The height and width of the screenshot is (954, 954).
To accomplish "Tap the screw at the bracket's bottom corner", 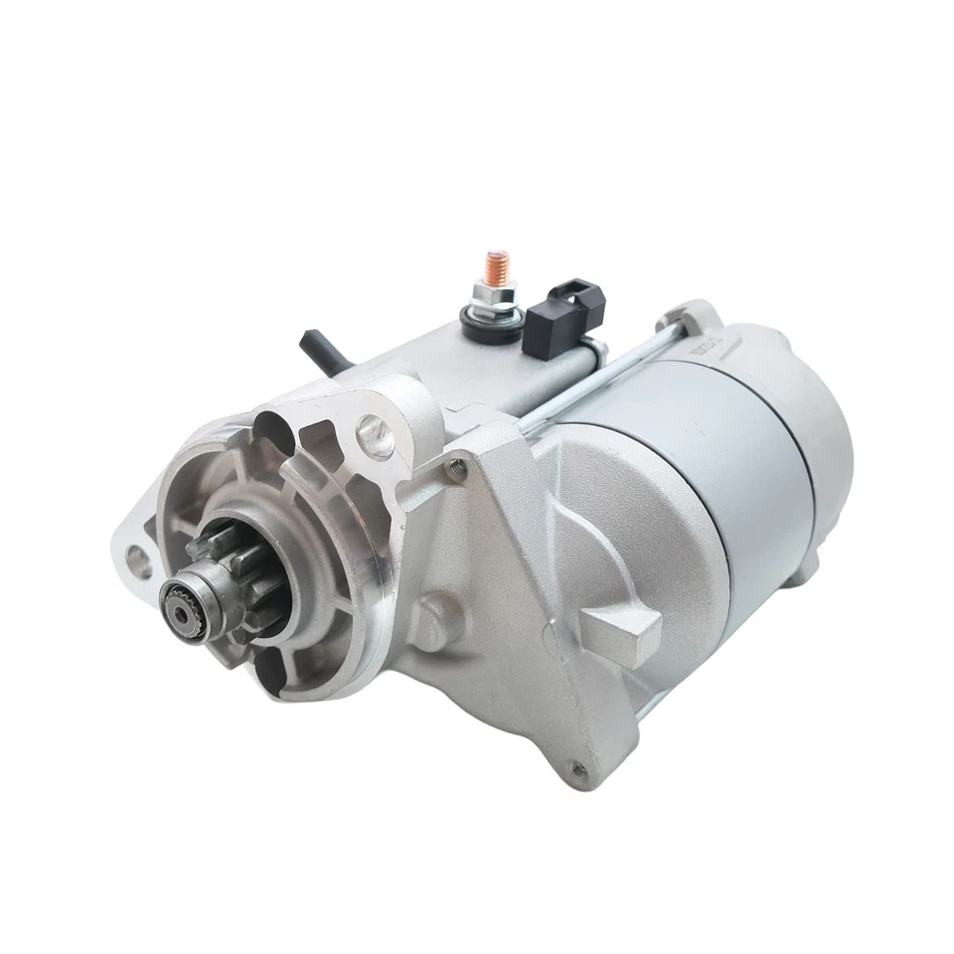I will click(577, 766).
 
